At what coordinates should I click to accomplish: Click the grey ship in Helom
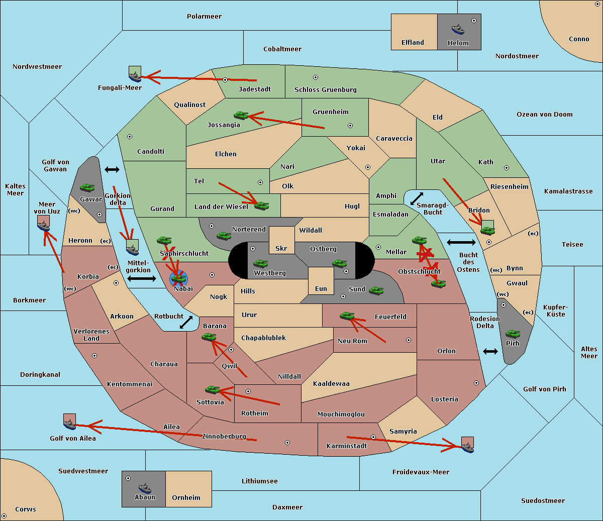coord(458,29)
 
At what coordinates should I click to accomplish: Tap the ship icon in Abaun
coord(145,488)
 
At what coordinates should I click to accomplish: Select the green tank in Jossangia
coord(241,116)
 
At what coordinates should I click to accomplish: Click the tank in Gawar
coord(87,187)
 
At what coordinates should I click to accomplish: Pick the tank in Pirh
coord(513,334)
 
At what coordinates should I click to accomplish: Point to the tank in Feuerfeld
coord(347,316)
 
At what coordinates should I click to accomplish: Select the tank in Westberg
coord(260,264)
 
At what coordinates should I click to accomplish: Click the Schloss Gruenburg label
coord(325,89)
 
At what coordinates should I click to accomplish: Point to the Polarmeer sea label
coord(204,17)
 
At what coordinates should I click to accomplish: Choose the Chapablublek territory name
coord(263,338)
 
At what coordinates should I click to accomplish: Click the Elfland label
coord(413,43)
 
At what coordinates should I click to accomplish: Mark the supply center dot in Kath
coord(507,168)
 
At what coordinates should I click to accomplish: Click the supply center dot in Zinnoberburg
coord(287,443)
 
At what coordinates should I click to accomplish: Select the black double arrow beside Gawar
coord(112,169)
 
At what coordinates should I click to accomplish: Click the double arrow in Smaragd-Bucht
coord(417,198)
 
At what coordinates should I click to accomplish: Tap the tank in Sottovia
coord(213,389)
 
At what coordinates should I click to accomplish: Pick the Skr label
coord(281,248)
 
